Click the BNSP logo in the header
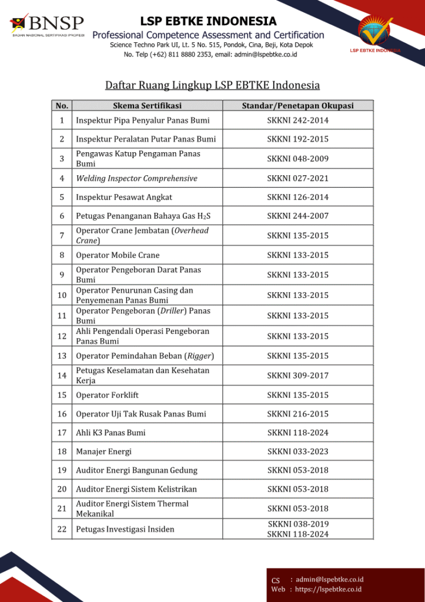pyautogui.click(x=47, y=25)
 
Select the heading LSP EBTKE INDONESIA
pyautogui.click(x=208, y=22)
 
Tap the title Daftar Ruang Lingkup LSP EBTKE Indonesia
pyautogui.click(x=212, y=85)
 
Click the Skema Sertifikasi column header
pyautogui.click(x=147, y=106)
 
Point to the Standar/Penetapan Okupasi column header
pyautogui.click(x=297, y=106)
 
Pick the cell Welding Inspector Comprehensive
pyautogui.click(x=136, y=178)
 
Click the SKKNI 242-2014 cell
pyautogui.click(x=297, y=121)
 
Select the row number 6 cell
pyautogui.click(x=62, y=216)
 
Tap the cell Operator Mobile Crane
pyautogui.click(x=118, y=255)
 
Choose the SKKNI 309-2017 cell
pyautogui.click(x=297, y=375)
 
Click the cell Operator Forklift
pyautogui.click(x=108, y=395)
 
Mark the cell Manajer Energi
pyautogui.click(x=104, y=451)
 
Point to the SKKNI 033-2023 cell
pyautogui.click(x=297, y=451)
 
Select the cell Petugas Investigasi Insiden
pyautogui.click(x=125, y=529)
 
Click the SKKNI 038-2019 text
pyautogui.click(x=297, y=524)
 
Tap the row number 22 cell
pyautogui.click(x=62, y=529)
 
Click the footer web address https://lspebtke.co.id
pyautogui.click(x=328, y=589)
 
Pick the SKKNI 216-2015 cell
pyautogui.click(x=297, y=414)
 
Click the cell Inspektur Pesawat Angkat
pyautogui.click(x=124, y=197)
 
